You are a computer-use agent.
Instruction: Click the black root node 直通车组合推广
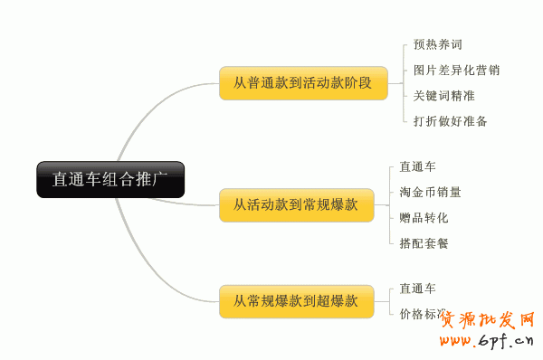[x=110, y=179]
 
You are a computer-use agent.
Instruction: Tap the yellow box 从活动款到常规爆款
[x=296, y=204]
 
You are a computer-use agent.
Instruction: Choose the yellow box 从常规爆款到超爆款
[x=296, y=300]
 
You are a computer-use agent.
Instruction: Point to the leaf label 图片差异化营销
[x=456, y=70]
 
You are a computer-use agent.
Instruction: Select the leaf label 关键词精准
[x=443, y=95]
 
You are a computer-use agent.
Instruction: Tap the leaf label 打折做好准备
[x=450, y=120]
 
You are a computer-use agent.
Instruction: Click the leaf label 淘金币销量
[x=430, y=192]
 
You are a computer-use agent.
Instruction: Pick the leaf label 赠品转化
[x=424, y=217]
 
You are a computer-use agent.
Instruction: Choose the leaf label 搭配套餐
[x=424, y=242]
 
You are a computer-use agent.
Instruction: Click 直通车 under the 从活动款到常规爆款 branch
[x=417, y=166]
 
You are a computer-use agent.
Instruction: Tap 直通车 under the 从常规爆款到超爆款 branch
[x=417, y=289]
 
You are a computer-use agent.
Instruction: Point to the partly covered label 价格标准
[x=423, y=314]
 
